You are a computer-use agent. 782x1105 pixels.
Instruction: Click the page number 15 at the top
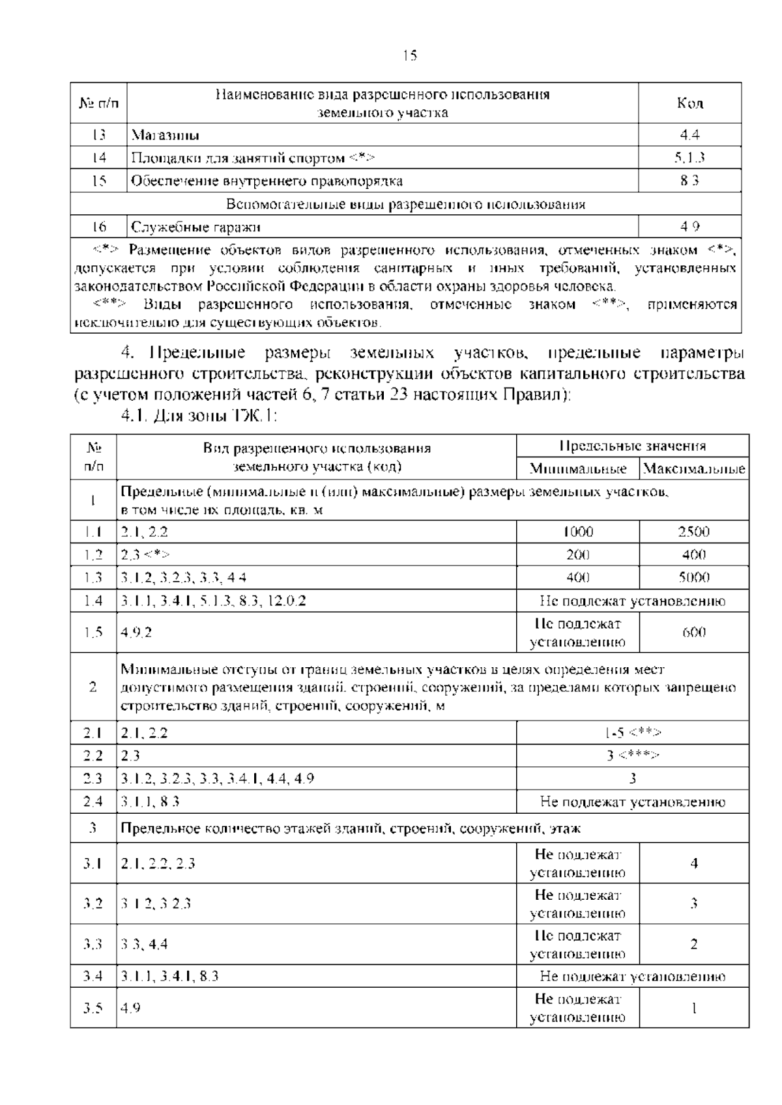click(409, 55)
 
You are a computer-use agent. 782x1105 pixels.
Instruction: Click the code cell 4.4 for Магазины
click(689, 135)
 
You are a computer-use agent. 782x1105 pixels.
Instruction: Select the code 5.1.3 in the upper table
click(689, 158)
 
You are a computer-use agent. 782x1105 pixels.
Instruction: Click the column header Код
click(689, 103)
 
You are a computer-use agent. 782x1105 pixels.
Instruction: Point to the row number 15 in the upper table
click(98, 180)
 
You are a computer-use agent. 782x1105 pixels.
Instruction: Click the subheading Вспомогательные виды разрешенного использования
click(405, 204)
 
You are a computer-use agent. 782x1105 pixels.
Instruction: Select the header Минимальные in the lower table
click(578, 469)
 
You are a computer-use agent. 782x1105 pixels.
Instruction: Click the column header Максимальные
click(694, 469)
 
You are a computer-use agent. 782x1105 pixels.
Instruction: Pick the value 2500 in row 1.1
click(693, 532)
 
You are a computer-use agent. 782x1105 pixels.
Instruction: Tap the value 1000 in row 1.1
click(578, 532)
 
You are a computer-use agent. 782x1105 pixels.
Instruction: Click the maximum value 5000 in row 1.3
click(693, 577)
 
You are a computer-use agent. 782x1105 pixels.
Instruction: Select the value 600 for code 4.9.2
click(693, 633)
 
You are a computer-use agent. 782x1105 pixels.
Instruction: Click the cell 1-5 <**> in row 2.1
click(632, 732)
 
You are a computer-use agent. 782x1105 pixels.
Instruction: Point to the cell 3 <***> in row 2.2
click(632, 755)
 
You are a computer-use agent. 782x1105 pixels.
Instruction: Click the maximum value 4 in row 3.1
click(693, 863)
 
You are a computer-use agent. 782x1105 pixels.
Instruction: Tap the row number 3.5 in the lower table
click(93, 1008)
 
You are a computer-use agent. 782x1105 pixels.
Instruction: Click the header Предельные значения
click(632, 446)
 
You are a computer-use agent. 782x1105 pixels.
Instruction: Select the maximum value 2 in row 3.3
click(693, 944)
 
